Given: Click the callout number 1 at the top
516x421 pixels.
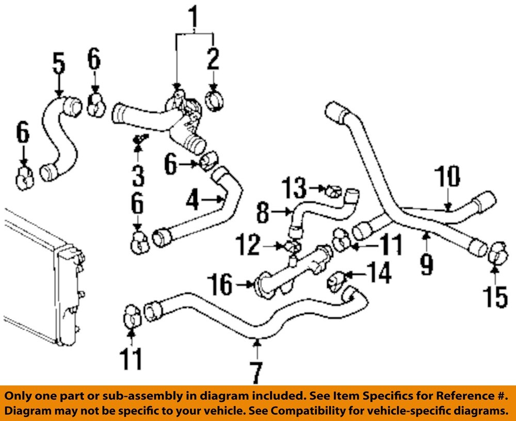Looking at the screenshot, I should coord(194,18).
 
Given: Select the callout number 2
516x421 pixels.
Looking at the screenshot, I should coord(213,60).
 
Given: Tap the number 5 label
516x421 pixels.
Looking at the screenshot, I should coord(59,63).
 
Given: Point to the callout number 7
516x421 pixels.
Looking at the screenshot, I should coord(256,372).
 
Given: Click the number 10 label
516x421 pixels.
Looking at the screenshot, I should coord(447,177).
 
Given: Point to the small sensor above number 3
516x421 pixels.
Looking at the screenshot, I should coord(139,139).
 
